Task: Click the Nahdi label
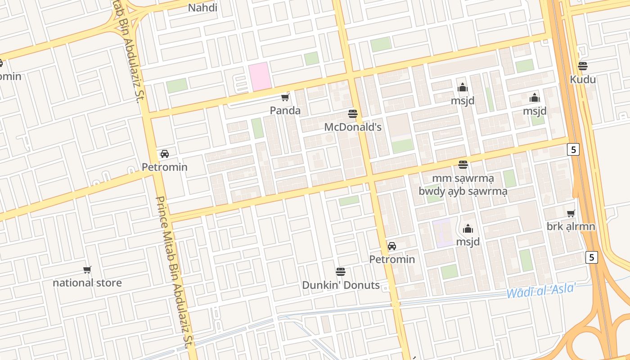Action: (202, 8)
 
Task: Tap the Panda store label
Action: (285, 110)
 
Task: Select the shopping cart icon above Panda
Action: (285, 97)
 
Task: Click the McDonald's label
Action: (353, 127)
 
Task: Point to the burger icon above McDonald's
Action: (353, 113)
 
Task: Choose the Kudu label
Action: (583, 80)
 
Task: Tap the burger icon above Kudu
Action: (583, 66)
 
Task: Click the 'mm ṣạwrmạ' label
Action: (463, 179)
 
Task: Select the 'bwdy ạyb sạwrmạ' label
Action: (463, 191)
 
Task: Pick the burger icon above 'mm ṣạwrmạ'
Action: (463, 165)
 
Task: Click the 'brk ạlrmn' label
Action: (571, 226)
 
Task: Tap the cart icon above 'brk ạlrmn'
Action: (571, 213)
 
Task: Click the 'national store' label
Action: (87, 283)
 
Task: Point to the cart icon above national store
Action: (87, 270)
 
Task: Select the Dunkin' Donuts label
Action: (341, 285)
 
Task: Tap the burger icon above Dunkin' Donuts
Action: (341, 271)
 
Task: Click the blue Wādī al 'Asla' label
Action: (541, 291)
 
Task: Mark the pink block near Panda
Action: (260, 75)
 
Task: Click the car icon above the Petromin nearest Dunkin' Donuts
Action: (392, 246)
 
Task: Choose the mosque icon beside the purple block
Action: (468, 229)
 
